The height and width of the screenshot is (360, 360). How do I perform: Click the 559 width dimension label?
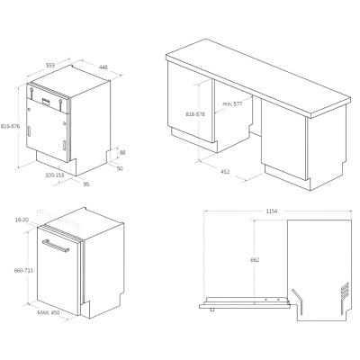50,65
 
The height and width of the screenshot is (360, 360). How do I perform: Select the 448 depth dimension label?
103,67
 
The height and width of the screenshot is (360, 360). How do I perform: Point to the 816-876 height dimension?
10,126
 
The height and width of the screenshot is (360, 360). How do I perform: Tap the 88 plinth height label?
122,153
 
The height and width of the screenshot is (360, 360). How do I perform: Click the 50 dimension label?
120,168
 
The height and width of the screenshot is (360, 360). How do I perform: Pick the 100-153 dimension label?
55,175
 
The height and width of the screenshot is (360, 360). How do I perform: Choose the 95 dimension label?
86,184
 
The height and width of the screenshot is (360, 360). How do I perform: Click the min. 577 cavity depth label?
232,104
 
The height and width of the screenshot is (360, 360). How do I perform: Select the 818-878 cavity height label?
195,114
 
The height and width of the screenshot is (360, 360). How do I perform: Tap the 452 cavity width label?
225,172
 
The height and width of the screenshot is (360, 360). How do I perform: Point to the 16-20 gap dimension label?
22,220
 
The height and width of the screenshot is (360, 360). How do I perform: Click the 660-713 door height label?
23,270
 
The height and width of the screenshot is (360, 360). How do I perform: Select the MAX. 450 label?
49,312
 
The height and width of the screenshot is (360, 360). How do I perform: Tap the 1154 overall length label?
272,211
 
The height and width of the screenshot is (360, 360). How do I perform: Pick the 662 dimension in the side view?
255,260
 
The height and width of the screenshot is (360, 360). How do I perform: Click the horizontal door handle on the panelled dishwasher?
56,246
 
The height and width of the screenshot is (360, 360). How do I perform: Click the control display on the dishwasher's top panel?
47,101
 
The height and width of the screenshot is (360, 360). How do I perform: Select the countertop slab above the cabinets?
258,78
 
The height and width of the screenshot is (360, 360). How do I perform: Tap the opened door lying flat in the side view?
245,303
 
